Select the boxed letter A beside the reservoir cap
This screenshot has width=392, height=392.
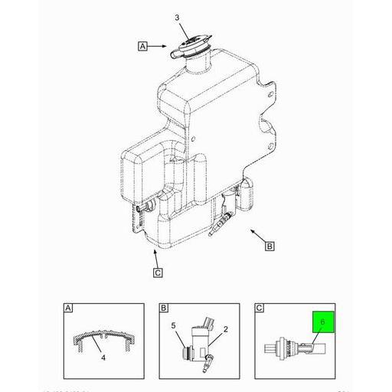142,47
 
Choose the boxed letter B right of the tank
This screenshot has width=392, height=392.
269,246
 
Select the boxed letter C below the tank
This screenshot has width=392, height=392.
157,271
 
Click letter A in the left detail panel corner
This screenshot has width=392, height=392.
67,309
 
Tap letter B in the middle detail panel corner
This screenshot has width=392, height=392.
164,309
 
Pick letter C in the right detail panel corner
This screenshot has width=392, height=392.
259,309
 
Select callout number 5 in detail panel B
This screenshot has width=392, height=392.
174,325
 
